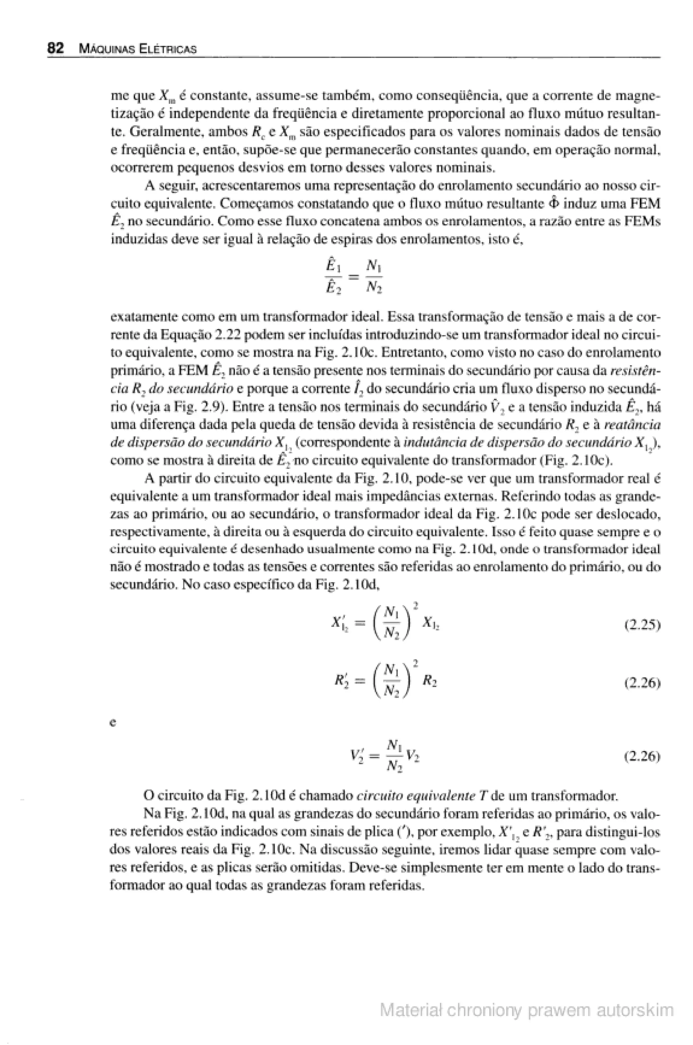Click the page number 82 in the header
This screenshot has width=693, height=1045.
56,48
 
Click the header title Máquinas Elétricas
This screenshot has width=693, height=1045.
137,49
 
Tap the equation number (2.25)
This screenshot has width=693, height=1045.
642,625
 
